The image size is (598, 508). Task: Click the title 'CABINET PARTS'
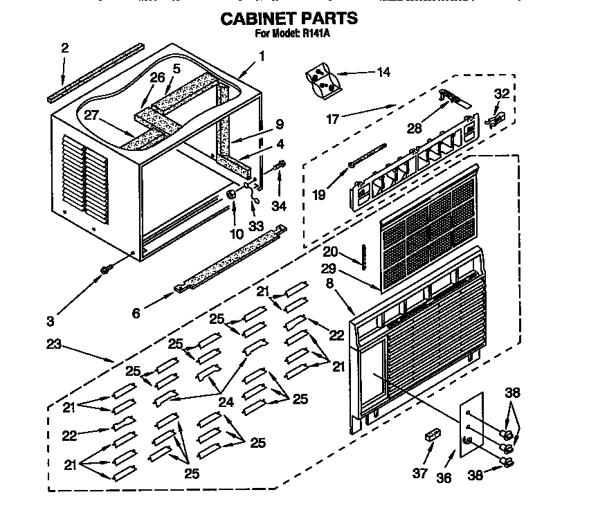(x=289, y=18)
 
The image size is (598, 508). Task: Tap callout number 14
(x=383, y=71)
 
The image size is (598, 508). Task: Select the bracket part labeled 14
(x=323, y=80)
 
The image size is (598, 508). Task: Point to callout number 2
(x=64, y=48)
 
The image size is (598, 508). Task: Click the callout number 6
(x=136, y=313)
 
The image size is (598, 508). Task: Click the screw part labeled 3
(x=106, y=269)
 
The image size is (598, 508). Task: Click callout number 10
(x=237, y=234)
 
